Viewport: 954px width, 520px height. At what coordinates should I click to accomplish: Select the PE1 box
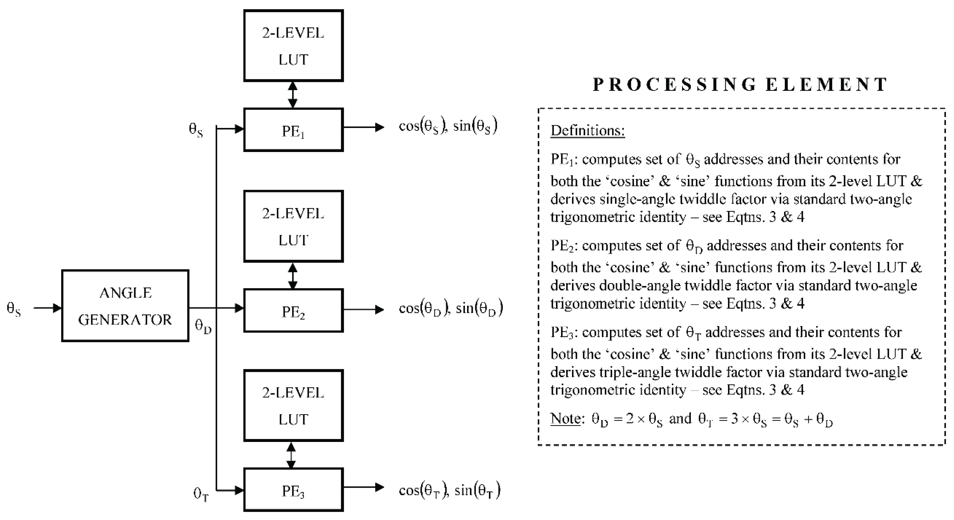293,130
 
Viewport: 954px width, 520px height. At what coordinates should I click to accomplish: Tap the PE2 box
293,311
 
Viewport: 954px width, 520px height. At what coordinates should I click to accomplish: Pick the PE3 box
293,490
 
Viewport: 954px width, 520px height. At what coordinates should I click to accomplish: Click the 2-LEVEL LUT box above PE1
293,45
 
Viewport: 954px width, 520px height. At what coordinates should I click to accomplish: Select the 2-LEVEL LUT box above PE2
293,226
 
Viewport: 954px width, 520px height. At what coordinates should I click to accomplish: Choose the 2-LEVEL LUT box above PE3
293,406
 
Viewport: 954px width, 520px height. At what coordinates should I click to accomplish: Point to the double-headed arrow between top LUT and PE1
293,95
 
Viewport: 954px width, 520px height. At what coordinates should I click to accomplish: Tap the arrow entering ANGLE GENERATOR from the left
47,308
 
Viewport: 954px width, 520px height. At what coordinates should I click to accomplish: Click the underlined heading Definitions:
587,131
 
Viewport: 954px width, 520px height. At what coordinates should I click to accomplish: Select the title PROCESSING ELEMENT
740,84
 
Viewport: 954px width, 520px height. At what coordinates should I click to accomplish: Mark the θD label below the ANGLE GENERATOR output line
203,327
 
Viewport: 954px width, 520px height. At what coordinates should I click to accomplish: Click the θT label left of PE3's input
201,494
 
